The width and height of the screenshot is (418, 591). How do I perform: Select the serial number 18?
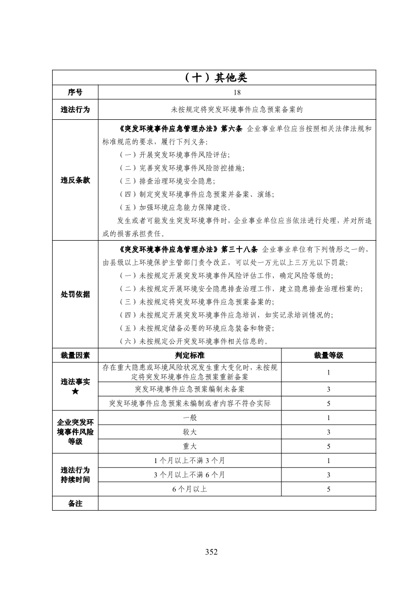(x=237, y=93)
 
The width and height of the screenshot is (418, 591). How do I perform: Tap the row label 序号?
(x=75, y=93)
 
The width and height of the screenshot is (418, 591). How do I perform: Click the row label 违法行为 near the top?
(x=75, y=109)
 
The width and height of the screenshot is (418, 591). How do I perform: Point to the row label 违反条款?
(x=75, y=180)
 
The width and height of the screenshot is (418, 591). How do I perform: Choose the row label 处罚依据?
(x=75, y=294)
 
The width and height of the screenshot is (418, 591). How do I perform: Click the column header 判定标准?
(x=189, y=355)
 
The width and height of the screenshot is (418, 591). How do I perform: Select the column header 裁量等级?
(x=328, y=355)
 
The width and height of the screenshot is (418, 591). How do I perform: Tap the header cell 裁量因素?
(x=75, y=355)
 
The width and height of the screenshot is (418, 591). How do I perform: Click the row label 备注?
(x=75, y=504)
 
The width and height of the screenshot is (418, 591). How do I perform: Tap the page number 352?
(x=212, y=552)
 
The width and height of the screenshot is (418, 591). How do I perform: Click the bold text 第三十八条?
(x=239, y=250)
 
